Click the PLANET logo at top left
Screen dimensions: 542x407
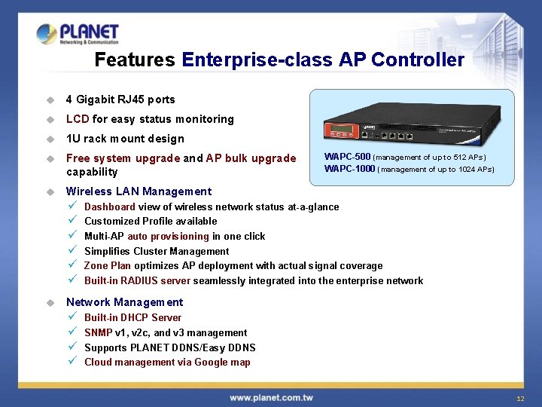pos(78,34)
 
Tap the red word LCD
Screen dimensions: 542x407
pos(78,119)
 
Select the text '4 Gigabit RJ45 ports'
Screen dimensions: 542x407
pos(120,99)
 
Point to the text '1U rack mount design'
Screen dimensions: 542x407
pos(125,139)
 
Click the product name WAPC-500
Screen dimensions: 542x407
pos(347,157)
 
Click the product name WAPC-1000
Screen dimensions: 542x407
pos(349,169)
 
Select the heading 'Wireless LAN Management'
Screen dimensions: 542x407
pos(139,191)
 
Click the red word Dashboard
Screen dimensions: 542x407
pos(110,207)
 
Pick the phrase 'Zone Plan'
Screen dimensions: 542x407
pos(106,265)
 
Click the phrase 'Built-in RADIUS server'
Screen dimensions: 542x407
pos(138,280)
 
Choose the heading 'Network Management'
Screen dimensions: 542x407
pos(125,302)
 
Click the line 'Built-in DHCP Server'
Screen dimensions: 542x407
pos(132,317)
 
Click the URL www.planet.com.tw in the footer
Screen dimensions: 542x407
pos(271,397)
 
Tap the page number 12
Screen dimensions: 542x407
pos(519,398)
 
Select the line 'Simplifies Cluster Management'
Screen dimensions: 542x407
pos(157,251)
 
